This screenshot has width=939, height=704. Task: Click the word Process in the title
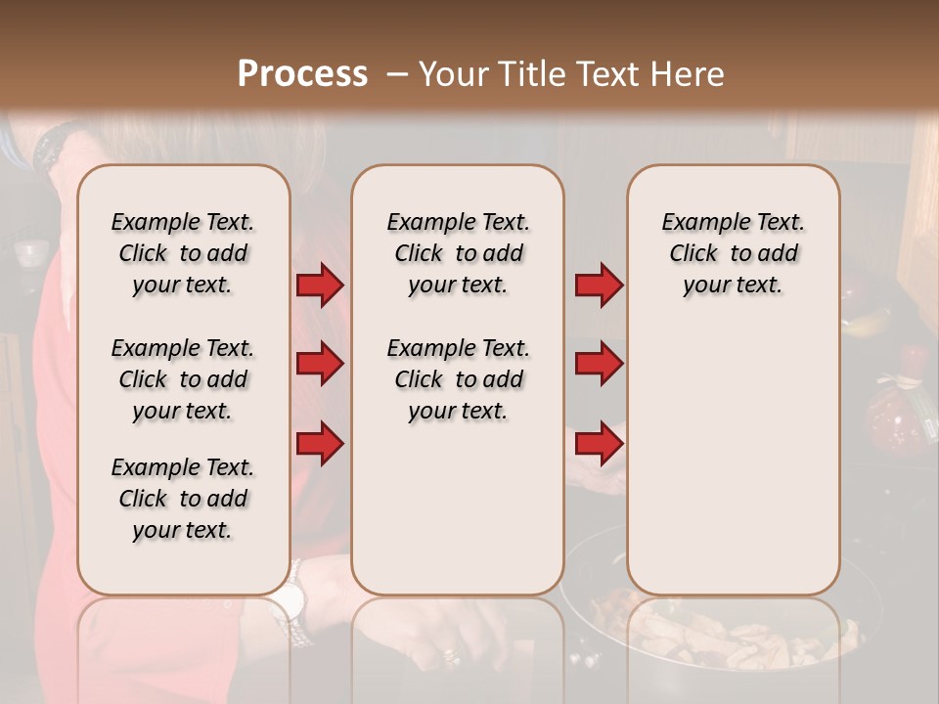click(x=302, y=73)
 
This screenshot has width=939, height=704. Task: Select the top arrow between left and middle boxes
click(x=320, y=286)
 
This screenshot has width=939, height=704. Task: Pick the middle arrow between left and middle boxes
click(x=320, y=365)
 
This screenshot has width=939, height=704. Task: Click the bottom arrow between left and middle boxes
click(x=320, y=444)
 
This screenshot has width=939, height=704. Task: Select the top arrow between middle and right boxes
click(x=599, y=286)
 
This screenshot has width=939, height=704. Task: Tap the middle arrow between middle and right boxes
click(x=599, y=365)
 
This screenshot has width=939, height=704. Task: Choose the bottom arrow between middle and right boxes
click(x=599, y=444)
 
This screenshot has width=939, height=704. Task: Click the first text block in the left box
click(x=183, y=253)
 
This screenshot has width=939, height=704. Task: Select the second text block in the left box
click(x=183, y=379)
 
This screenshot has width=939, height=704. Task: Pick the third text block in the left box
click(x=183, y=499)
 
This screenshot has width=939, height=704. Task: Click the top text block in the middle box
click(x=458, y=253)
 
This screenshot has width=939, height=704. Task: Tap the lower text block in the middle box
click(x=458, y=379)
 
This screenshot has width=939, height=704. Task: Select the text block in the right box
click(x=734, y=253)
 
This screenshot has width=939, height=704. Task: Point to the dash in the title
click(x=396, y=73)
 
